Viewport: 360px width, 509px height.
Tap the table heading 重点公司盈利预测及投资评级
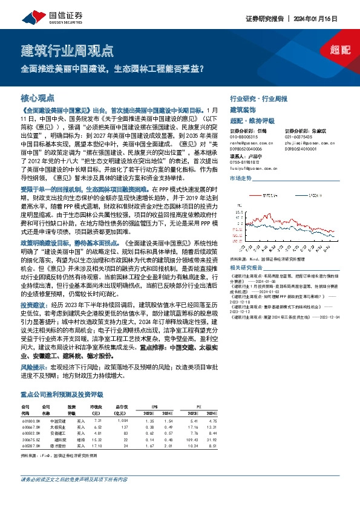[61, 394]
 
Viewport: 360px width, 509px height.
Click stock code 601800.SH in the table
[31, 420]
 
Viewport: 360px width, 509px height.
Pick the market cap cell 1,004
[123, 420]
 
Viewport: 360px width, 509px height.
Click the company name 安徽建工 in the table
[57, 433]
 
